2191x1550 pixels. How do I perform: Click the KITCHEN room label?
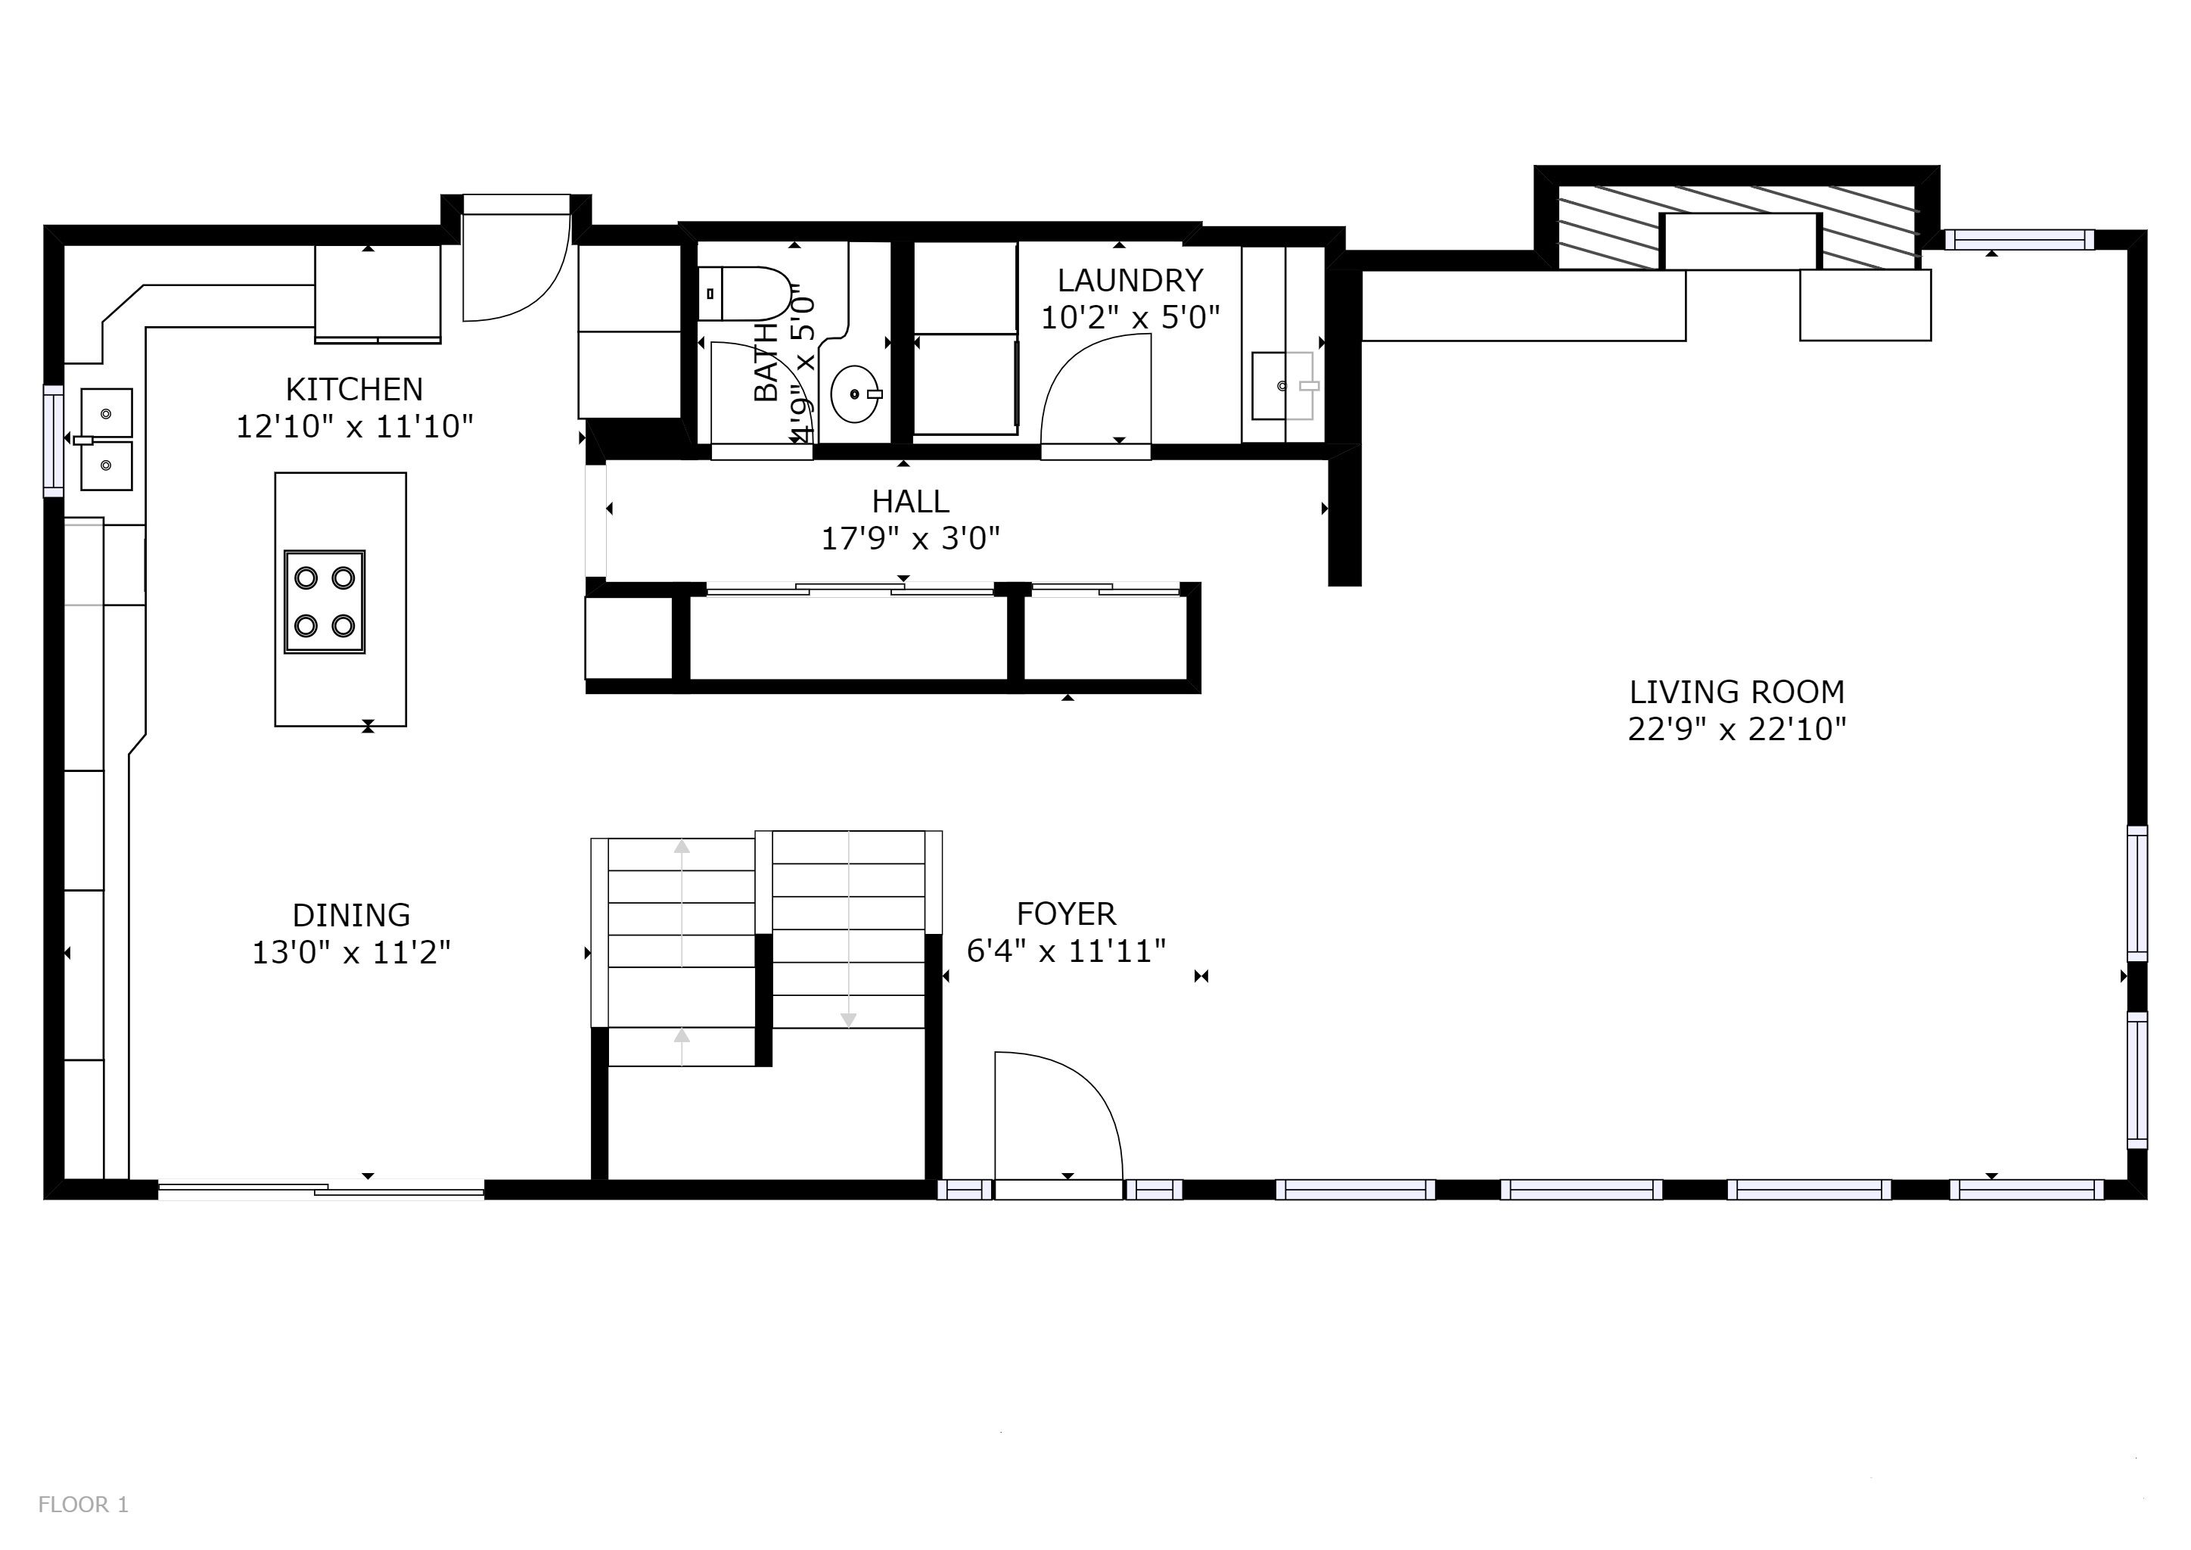[x=354, y=390]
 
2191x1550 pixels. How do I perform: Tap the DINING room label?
[x=351, y=915]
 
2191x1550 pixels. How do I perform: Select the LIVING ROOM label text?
[x=1737, y=692]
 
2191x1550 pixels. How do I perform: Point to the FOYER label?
[x=1066, y=914]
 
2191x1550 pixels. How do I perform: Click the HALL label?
[x=910, y=502]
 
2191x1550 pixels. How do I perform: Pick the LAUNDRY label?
[x=1130, y=281]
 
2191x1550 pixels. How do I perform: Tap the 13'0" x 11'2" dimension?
[x=351, y=953]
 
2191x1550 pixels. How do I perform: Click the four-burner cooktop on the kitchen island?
[x=325, y=602]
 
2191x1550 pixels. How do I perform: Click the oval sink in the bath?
[x=855, y=394]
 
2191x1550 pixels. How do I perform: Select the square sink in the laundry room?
[x=1282, y=385]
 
